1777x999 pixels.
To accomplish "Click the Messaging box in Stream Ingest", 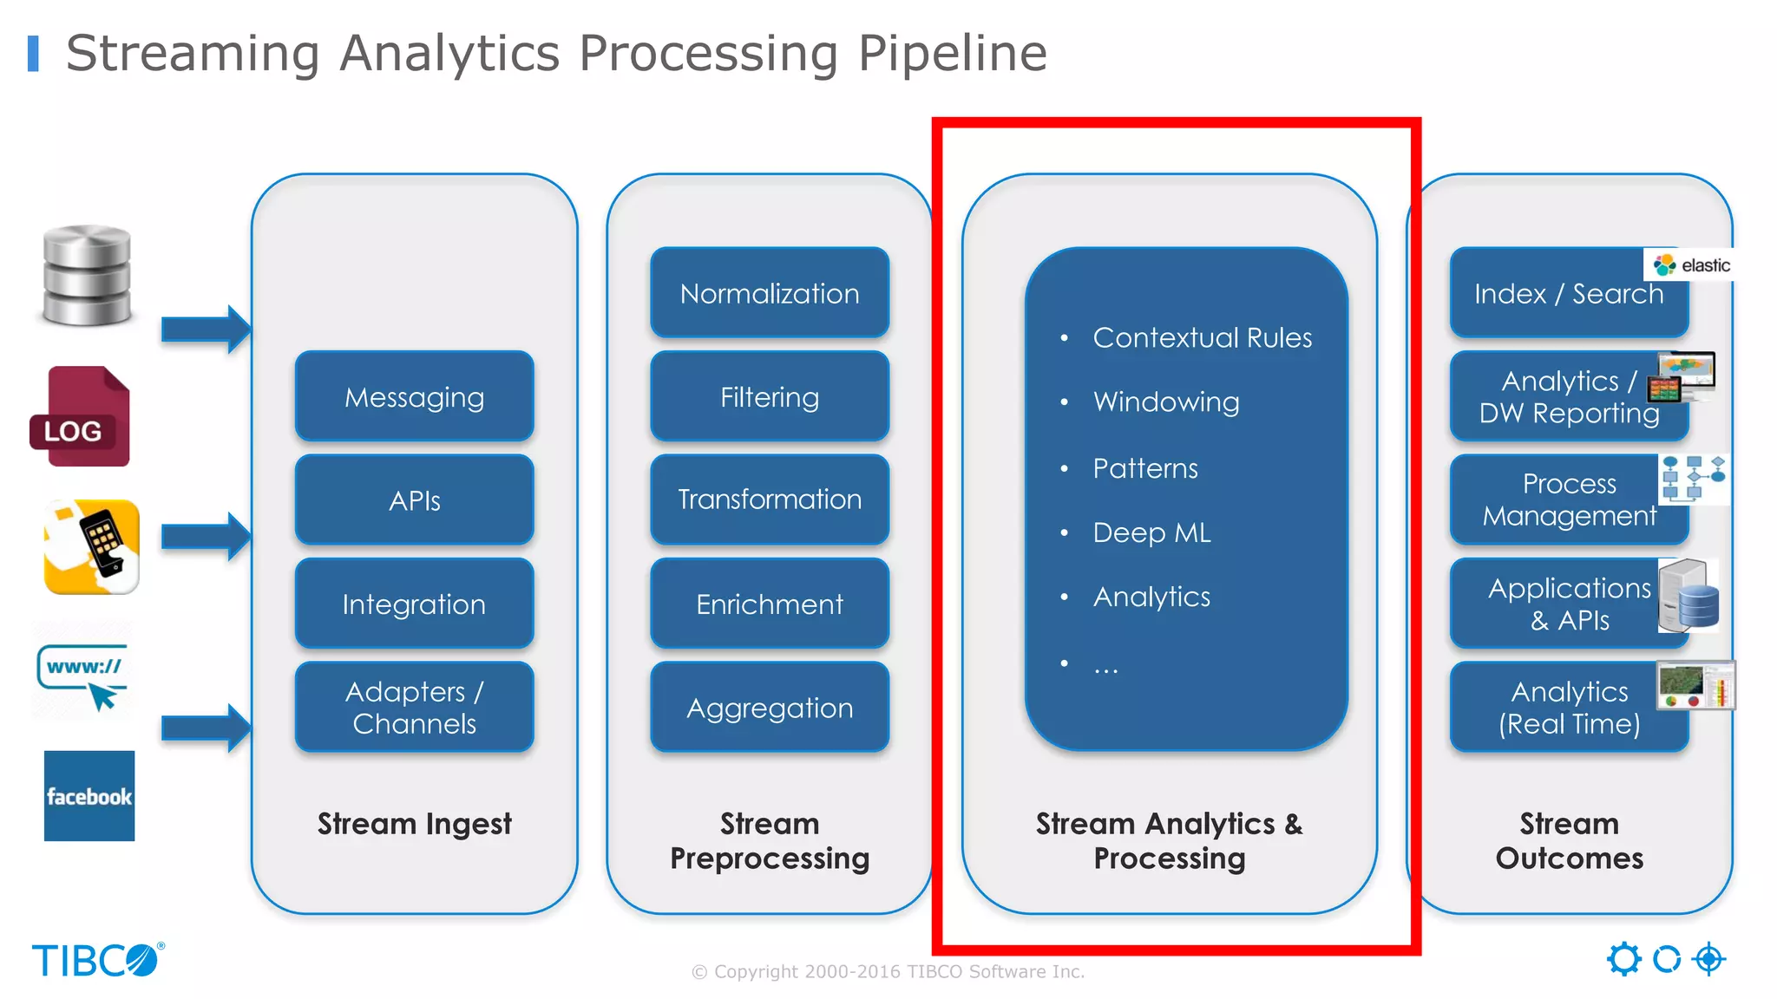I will pos(414,397).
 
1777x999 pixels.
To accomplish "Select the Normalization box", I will pos(770,293).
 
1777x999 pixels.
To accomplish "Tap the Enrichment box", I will pos(770,604).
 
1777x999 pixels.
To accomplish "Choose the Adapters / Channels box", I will pos(414,707).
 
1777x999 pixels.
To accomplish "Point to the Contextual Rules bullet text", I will pos(1202,337).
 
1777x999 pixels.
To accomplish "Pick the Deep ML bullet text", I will pos(1151,532).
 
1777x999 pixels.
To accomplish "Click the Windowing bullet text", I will pos(1165,402).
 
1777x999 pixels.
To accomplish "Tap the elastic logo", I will pos(1692,265).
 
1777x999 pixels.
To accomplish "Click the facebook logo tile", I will pos(89,796).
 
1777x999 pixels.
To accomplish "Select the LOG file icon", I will pos(81,417).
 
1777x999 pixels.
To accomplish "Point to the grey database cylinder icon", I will pos(87,276).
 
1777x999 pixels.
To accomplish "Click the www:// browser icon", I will pos(82,676).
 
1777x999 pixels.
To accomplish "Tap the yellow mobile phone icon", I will pos(92,546).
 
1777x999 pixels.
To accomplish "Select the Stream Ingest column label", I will pos(414,824).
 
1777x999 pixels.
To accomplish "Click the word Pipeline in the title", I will pos(952,54).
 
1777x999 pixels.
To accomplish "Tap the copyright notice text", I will pos(888,972).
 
